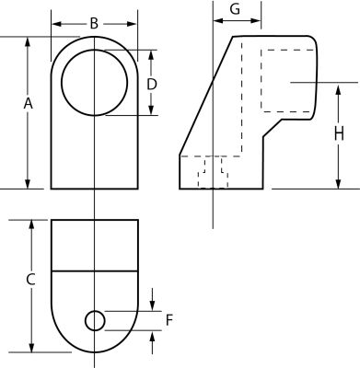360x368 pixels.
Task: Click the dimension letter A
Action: (x=28, y=104)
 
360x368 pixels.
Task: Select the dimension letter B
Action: (x=94, y=24)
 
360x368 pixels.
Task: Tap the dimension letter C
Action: (x=30, y=280)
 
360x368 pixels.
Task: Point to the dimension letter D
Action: (x=152, y=85)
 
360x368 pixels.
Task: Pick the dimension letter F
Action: (x=169, y=320)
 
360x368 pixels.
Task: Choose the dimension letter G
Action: (x=235, y=9)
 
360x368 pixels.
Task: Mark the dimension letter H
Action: (x=339, y=134)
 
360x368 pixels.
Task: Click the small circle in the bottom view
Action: (x=95, y=321)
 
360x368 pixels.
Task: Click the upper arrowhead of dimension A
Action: (x=28, y=41)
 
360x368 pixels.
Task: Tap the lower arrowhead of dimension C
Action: (x=31, y=348)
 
